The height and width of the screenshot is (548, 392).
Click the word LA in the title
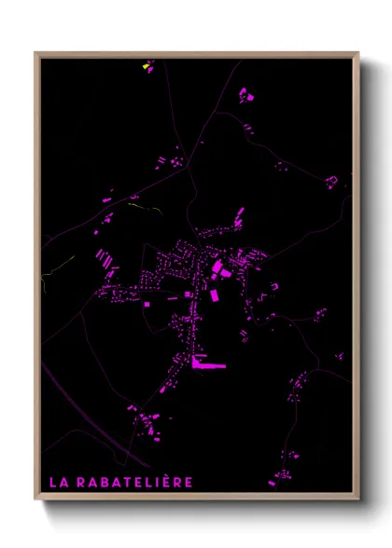[x=57, y=482]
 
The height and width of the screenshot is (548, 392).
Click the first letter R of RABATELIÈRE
[x=80, y=482]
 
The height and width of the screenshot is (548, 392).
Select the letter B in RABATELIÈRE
[x=105, y=482]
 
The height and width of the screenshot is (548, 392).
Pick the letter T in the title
[x=129, y=482]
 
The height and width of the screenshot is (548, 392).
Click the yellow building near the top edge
[x=145, y=67]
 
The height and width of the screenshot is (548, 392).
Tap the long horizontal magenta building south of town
[x=208, y=366]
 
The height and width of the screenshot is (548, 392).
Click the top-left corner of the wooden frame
[x=35, y=53]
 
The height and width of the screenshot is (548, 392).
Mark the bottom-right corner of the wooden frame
[x=358, y=500]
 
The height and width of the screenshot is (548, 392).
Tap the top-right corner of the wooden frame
[x=358, y=53]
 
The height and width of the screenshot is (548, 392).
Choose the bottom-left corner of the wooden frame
[x=35, y=500]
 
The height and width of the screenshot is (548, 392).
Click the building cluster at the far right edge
[x=331, y=180]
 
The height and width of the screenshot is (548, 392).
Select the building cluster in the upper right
[x=245, y=94]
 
